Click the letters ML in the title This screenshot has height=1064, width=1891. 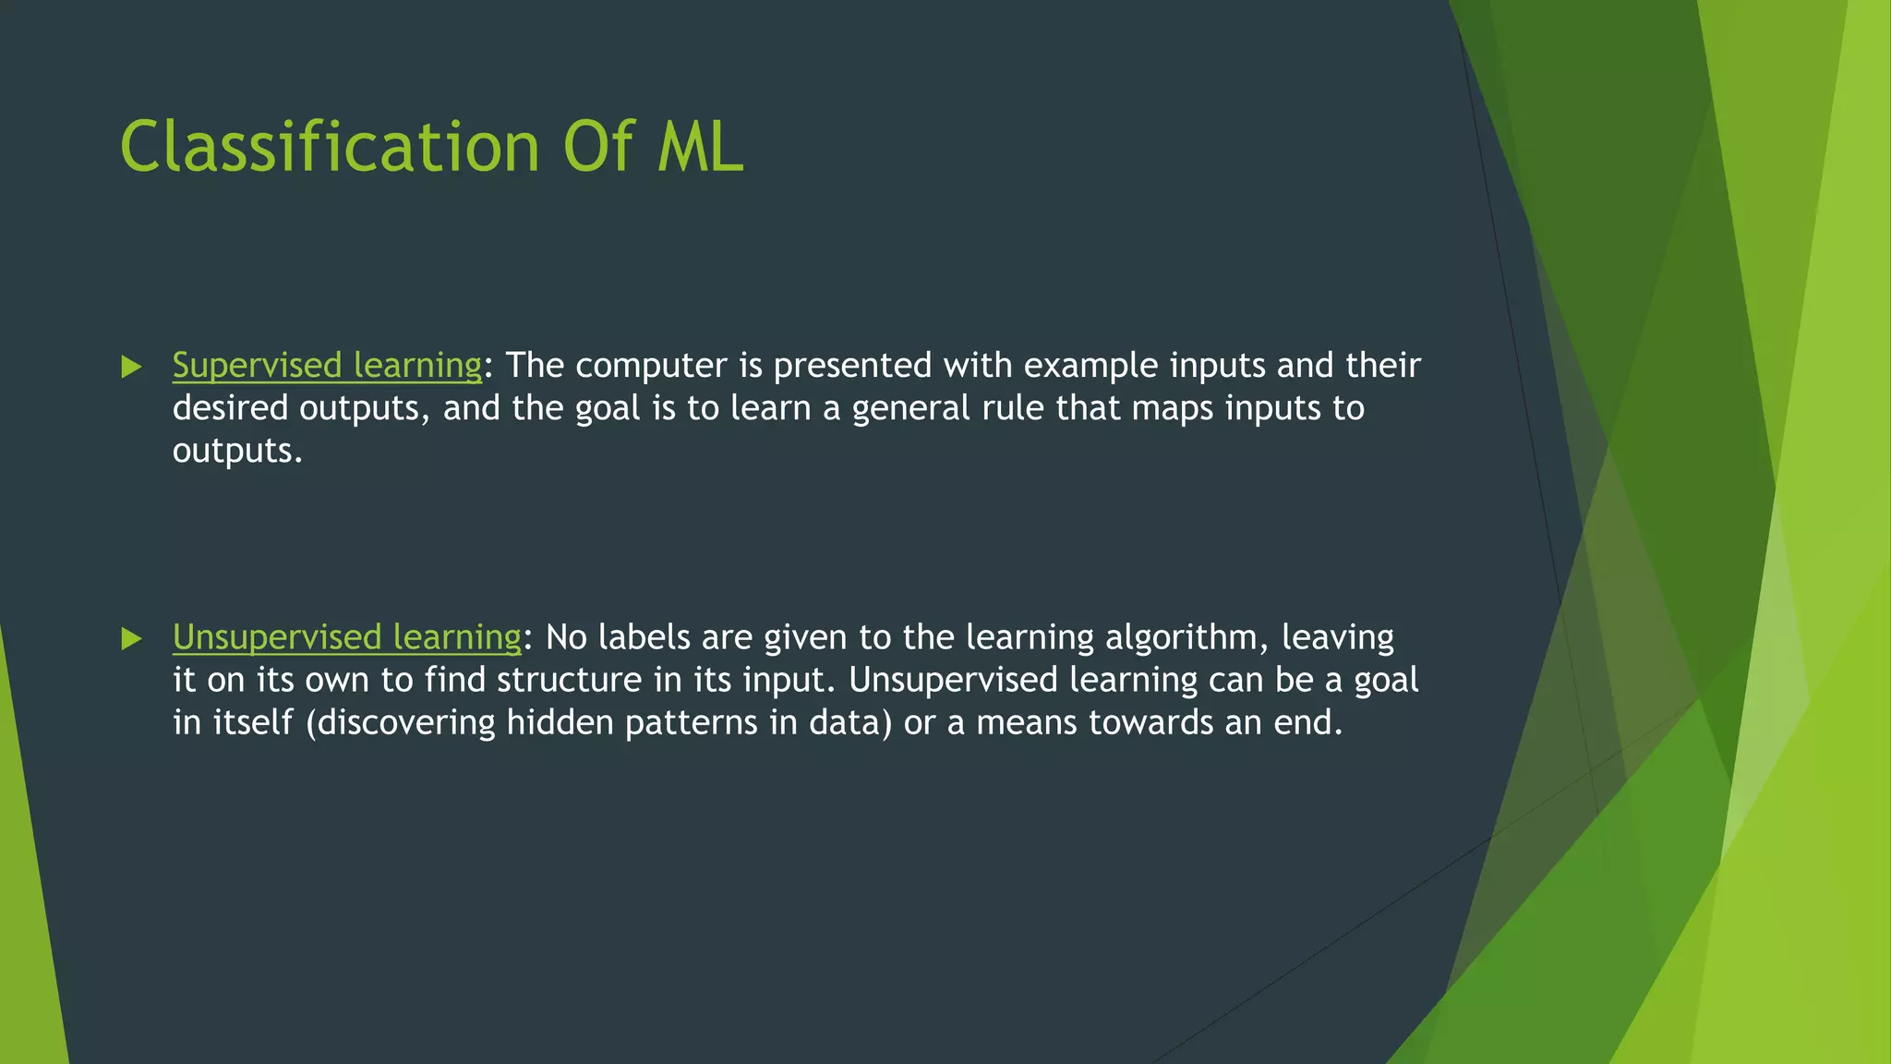pyautogui.click(x=700, y=148)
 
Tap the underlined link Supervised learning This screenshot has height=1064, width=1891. pyautogui.click(x=327, y=366)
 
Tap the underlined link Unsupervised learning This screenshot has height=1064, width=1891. pyautogui.click(x=347, y=637)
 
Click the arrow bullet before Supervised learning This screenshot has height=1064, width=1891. pyautogui.click(x=131, y=368)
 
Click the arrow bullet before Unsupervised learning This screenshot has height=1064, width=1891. pyautogui.click(x=131, y=639)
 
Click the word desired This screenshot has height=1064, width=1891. pyautogui.click(x=230, y=408)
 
